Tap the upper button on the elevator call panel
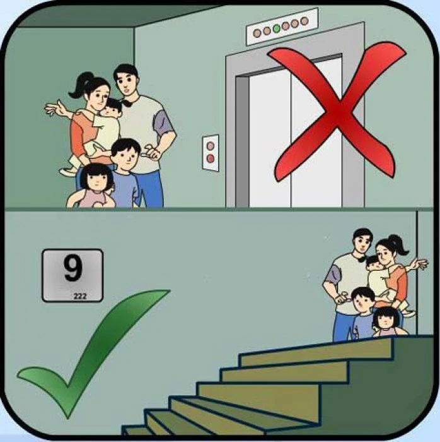click(211, 144)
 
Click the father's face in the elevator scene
click(126, 81)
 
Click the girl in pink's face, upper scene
click(98, 180)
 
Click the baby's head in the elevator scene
click(113, 108)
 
